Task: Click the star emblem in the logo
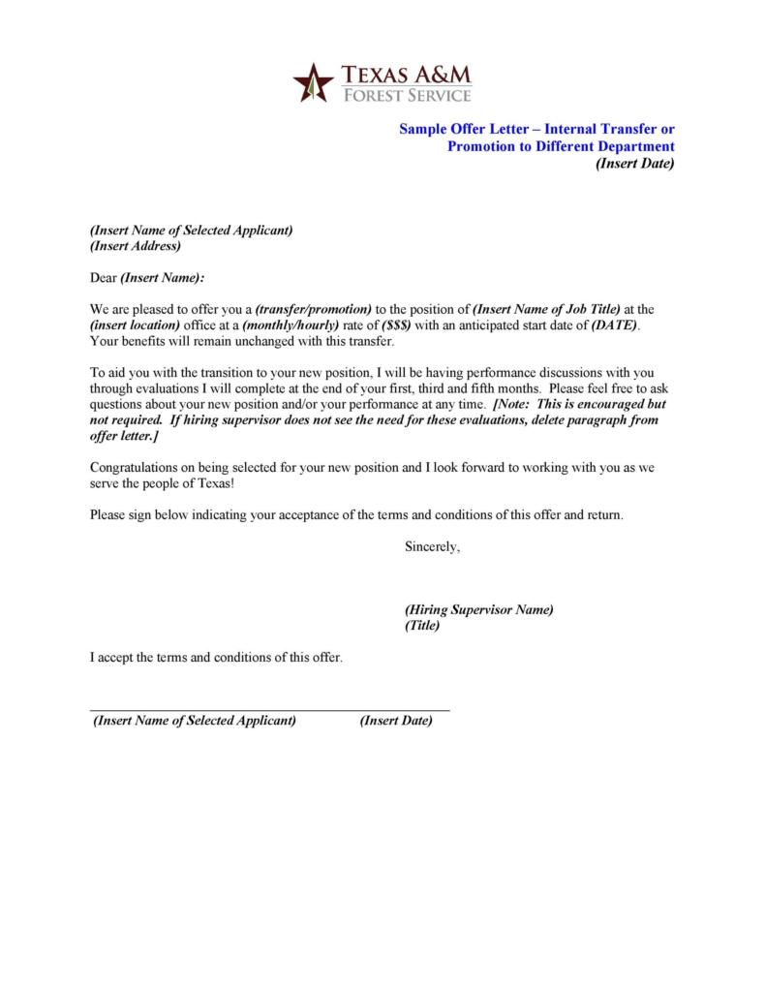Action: pos(313,81)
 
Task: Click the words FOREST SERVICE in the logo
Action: pos(405,95)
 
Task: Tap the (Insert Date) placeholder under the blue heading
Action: pos(634,163)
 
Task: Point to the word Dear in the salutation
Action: pos(103,278)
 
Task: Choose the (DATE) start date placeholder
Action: pos(614,325)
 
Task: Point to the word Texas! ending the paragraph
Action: pos(213,482)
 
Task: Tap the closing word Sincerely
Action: pos(432,547)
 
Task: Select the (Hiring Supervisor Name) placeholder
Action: pos(478,609)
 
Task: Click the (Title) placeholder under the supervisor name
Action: pos(422,626)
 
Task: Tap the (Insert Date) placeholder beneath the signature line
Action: pos(396,721)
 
